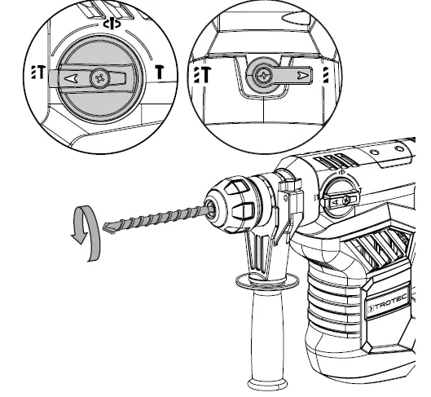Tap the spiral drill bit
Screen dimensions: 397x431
point(155,215)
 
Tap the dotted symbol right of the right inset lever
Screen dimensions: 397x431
point(326,77)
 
